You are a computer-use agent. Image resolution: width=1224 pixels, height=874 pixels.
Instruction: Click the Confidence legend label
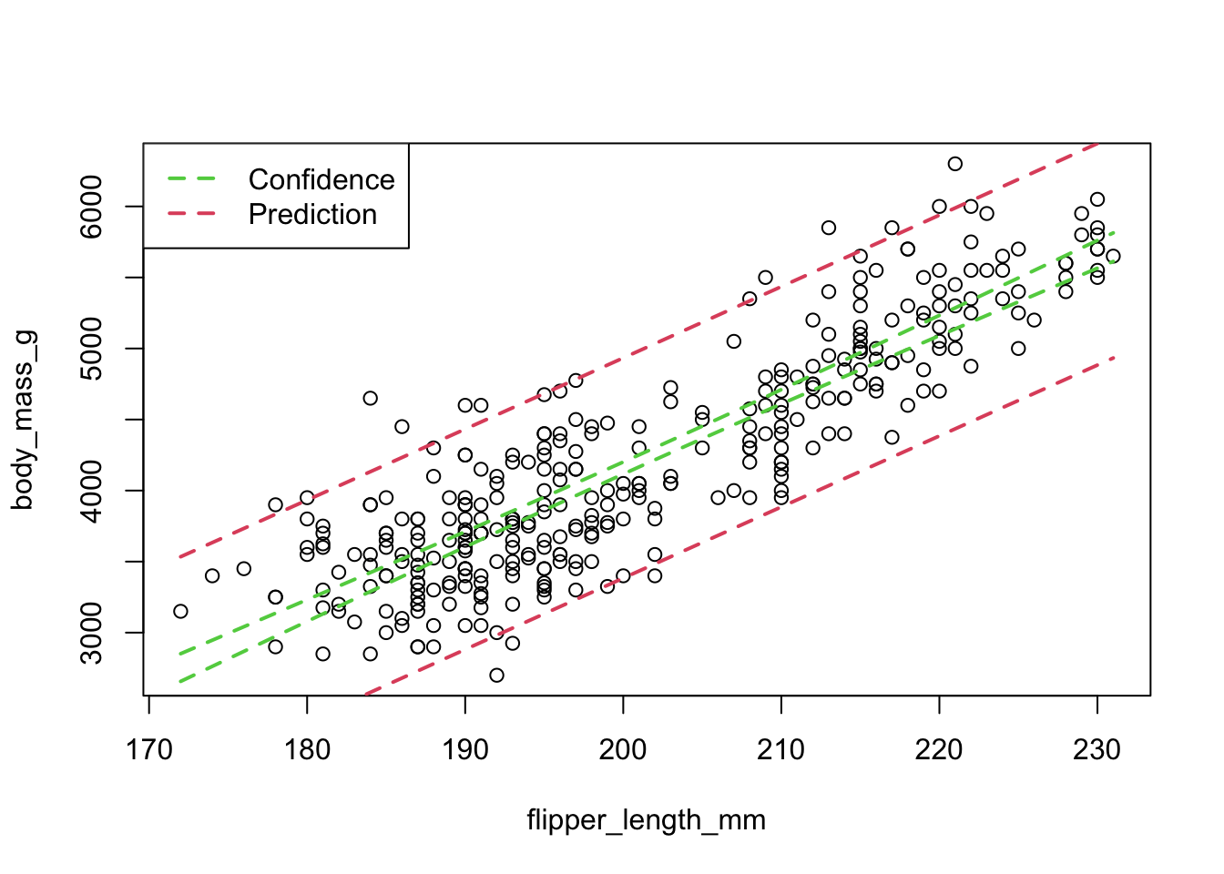[x=321, y=179]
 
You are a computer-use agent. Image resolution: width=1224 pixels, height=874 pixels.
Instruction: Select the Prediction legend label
[x=312, y=214]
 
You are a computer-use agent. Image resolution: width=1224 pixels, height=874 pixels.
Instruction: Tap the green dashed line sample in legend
[x=192, y=179]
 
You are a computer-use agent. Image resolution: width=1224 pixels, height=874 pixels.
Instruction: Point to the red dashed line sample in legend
[x=192, y=214]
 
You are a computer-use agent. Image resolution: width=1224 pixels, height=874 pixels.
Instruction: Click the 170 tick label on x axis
[x=148, y=750]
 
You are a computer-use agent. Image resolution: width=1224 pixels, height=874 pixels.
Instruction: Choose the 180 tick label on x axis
[x=307, y=750]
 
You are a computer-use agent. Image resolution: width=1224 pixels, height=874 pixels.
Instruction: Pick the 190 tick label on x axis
[x=465, y=750]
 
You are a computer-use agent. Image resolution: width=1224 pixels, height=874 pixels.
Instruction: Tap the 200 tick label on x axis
[x=623, y=750]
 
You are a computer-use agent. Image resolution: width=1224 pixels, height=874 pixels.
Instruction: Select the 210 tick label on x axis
[x=781, y=750]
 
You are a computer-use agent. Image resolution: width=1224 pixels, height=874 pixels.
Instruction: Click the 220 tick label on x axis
[x=939, y=750]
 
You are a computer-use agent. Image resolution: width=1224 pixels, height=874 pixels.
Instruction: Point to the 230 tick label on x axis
[x=1097, y=750]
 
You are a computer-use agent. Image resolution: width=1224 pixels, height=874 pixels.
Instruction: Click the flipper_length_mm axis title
[x=646, y=820]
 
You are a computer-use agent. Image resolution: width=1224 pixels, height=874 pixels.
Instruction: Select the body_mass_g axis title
[x=24, y=420]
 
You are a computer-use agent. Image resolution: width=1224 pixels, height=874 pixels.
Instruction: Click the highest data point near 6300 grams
[x=954, y=164]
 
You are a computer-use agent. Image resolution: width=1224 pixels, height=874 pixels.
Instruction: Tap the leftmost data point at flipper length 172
[x=180, y=611]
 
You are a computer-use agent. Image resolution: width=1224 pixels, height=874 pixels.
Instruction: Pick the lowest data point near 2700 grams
[x=496, y=675]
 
